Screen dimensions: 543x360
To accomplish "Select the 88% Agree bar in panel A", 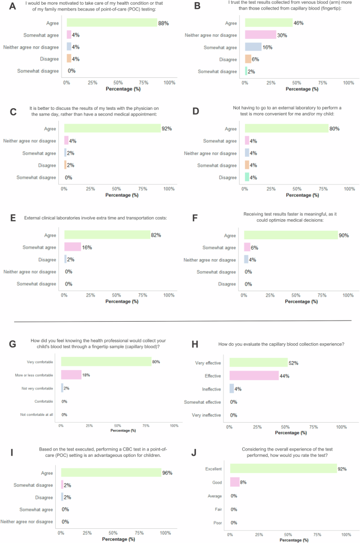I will point(111,23).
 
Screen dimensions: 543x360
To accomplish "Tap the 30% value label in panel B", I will point(282,35).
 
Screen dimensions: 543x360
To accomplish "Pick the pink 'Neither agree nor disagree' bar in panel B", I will point(260,35).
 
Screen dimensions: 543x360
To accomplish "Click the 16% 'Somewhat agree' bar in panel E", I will point(73,247).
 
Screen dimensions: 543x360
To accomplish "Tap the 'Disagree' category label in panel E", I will point(47,259).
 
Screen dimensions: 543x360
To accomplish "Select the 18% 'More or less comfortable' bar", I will point(71,375).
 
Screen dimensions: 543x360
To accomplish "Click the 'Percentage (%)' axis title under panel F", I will point(296,301).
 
